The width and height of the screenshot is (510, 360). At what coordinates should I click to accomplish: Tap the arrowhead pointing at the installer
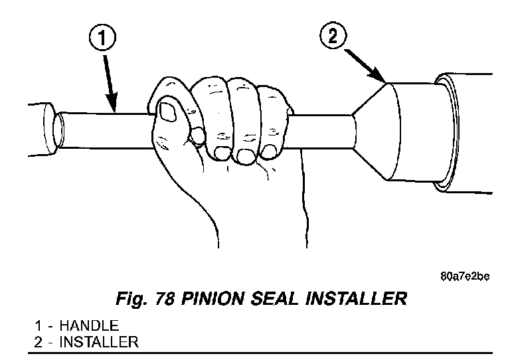pyautogui.click(x=381, y=80)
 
